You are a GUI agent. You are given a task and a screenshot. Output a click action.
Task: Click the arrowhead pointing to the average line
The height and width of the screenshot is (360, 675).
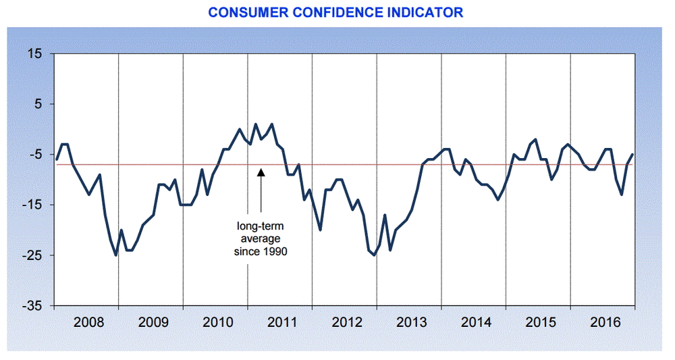(261, 172)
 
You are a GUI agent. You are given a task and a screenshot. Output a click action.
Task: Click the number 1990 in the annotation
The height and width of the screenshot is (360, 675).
(277, 251)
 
